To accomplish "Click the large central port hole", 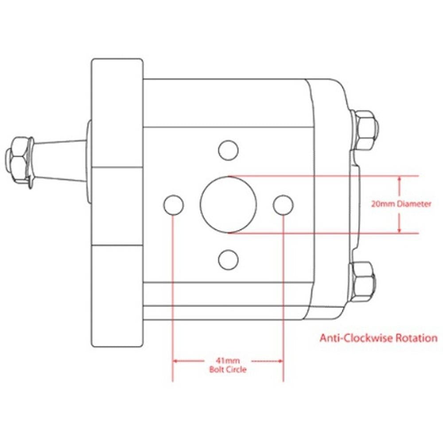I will click(x=229, y=204).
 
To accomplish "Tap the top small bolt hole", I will click(x=229, y=151).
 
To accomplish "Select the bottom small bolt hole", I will click(x=229, y=259).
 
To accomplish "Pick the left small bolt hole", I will click(x=173, y=205).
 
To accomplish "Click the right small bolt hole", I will click(x=283, y=204).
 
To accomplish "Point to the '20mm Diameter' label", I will click(x=401, y=205).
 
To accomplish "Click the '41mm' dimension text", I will click(x=228, y=361).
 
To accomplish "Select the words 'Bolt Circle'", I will click(x=228, y=369).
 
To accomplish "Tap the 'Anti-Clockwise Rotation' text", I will click(x=378, y=338).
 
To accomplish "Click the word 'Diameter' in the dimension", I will click(x=414, y=205).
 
